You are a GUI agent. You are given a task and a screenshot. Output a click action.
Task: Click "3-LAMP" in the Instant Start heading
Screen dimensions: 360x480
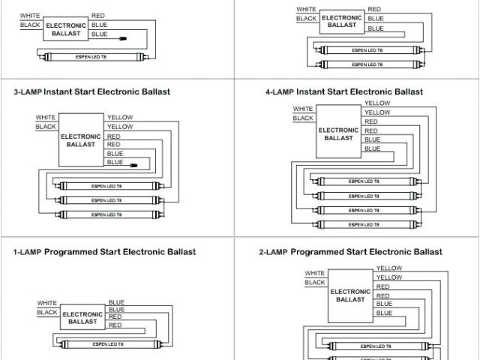coord(27,92)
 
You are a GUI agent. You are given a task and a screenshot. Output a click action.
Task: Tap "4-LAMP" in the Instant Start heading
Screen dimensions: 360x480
coord(280,92)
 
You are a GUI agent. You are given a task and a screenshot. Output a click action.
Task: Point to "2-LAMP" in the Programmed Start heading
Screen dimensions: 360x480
coord(273,252)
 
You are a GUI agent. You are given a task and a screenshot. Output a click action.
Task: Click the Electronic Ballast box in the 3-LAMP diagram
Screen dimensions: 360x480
coord(81,139)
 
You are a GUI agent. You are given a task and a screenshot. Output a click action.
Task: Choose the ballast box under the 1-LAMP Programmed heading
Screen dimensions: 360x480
coord(83,316)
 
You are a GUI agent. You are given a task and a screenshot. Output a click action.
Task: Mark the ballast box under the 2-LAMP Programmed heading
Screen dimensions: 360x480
coord(350,295)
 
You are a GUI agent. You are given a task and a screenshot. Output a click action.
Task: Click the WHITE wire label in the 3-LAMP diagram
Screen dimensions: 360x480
coord(45,117)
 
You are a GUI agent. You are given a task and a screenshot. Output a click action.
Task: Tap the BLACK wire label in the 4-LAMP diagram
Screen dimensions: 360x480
coord(303,118)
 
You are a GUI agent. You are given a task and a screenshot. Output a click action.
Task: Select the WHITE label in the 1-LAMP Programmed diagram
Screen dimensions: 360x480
coord(47,303)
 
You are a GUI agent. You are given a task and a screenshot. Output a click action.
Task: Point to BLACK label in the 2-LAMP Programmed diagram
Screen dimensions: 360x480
coord(315,283)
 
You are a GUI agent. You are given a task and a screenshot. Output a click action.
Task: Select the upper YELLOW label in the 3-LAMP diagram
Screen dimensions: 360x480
coord(120,118)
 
